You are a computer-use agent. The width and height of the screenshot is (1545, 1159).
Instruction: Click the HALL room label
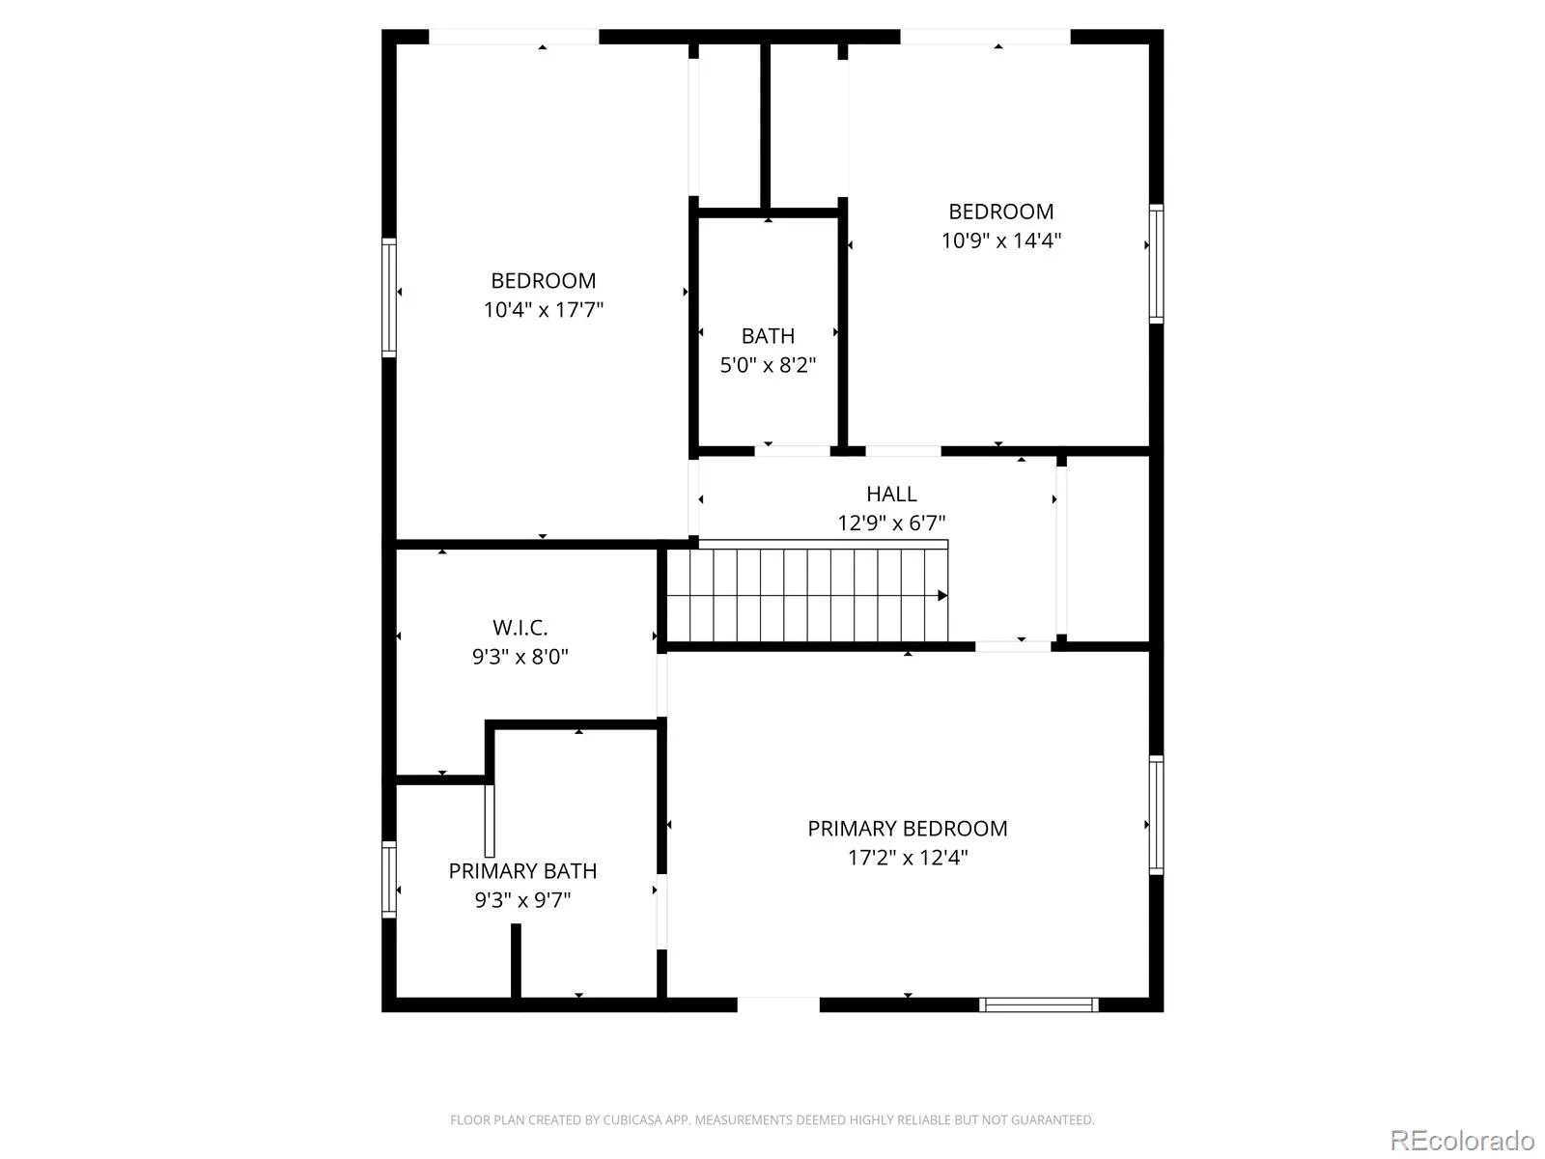pos(891,494)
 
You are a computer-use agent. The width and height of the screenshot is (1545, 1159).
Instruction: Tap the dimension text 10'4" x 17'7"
pos(544,310)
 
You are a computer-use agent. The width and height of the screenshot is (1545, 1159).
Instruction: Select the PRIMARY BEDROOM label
pos(908,829)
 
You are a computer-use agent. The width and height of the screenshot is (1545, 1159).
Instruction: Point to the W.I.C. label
pos(520,628)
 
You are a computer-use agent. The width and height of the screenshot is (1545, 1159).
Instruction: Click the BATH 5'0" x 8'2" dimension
pos(768,365)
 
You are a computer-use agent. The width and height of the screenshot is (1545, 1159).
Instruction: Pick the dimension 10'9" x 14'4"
pos(1001,240)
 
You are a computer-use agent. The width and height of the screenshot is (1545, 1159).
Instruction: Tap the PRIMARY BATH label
pos(523,871)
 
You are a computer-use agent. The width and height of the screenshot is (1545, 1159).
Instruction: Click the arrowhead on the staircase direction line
pos(942,596)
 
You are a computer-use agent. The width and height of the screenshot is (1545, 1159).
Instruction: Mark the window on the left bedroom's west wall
pos(389,297)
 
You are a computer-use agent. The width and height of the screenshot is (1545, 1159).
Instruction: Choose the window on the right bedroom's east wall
pos(1157,264)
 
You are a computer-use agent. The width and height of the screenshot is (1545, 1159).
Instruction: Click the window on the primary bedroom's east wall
pos(1157,815)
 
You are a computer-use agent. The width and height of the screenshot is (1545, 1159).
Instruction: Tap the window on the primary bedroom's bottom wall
pos(1039,1004)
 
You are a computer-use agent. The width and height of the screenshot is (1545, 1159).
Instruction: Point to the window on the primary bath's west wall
pos(389,880)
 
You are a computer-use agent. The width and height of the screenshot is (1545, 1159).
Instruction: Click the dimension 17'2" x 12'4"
pos(908,858)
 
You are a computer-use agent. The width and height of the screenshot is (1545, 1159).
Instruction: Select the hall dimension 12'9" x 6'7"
pos(891,523)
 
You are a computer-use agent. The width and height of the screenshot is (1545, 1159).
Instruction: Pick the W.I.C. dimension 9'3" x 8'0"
pos(520,657)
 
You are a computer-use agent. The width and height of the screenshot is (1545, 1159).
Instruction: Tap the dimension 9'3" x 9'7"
pos(523,900)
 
